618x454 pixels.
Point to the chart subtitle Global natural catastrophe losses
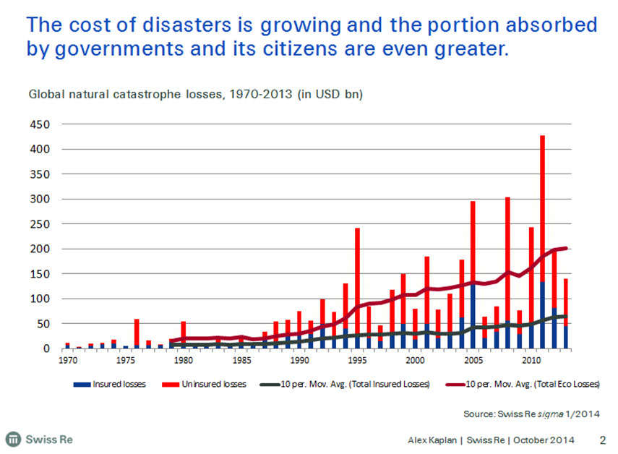(195, 95)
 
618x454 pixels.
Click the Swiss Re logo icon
(12, 439)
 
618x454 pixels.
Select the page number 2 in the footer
(603, 439)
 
